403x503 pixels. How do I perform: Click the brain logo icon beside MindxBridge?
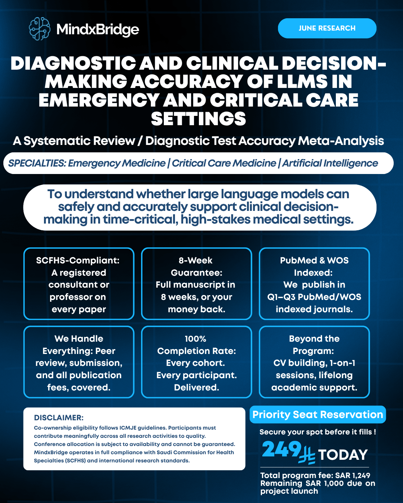coord(40,29)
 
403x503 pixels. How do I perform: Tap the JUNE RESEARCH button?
coord(327,28)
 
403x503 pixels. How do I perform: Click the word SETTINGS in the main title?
coord(199,119)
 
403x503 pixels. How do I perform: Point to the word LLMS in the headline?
coord(306,82)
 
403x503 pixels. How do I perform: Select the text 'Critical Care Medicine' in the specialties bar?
coord(224,163)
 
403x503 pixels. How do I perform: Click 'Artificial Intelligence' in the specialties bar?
coord(330,163)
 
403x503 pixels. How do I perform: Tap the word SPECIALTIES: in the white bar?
coord(37,163)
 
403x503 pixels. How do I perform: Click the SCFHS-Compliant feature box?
coord(79,284)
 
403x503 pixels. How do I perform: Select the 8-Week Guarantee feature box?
coord(197,284)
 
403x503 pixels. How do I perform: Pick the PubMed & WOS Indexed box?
coord(314,284)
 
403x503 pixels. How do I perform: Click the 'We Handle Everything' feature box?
coord(79,362)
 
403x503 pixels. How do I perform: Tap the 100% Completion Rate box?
coord(197,362)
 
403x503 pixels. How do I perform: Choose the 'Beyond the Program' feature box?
coord(314,362)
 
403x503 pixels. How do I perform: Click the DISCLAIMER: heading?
coord(59,418)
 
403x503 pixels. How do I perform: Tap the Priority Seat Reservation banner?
coord(318,415)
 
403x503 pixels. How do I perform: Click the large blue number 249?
coord(281,449)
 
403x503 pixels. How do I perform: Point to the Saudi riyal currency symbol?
coord(307,455)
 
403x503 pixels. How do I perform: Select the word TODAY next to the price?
coord(343,455)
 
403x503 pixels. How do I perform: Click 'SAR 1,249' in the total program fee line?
coord(353,475)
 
